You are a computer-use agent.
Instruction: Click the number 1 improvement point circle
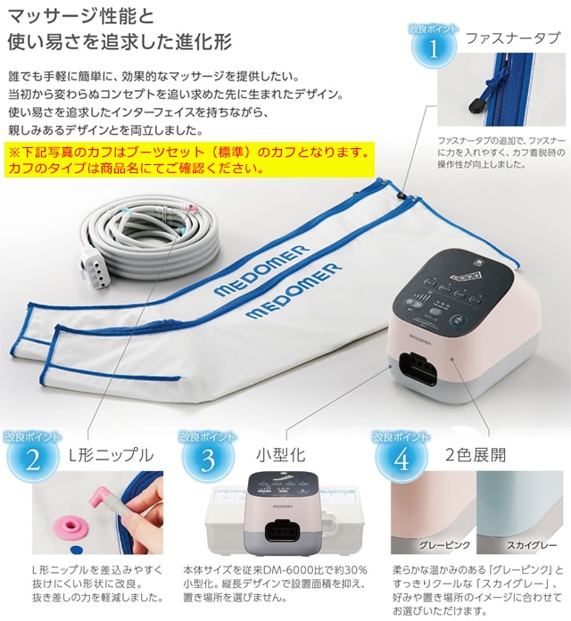pos(434,47)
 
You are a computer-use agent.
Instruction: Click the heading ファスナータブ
pos(513,38)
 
